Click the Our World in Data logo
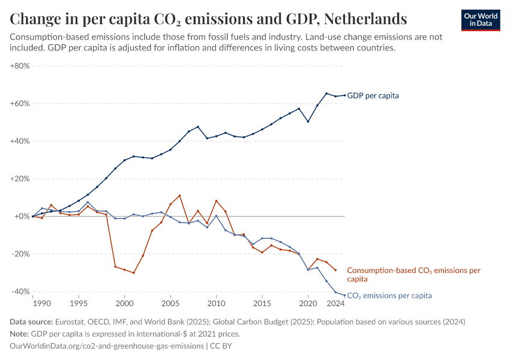pos(480,19)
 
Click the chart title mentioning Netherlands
pos(209,19)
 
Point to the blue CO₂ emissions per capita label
pos(389,296)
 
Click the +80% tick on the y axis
pos(20,66)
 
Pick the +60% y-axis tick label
pos(20,104)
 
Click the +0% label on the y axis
pos(22,217)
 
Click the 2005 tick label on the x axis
pos(170,304)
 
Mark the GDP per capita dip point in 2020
pos(308,122)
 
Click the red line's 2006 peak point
pos(179,196)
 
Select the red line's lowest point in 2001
pos(134,273)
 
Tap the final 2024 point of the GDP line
pos(344,95)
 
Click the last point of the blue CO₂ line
pos(344,295)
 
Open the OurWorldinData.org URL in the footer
pos(107,346)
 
